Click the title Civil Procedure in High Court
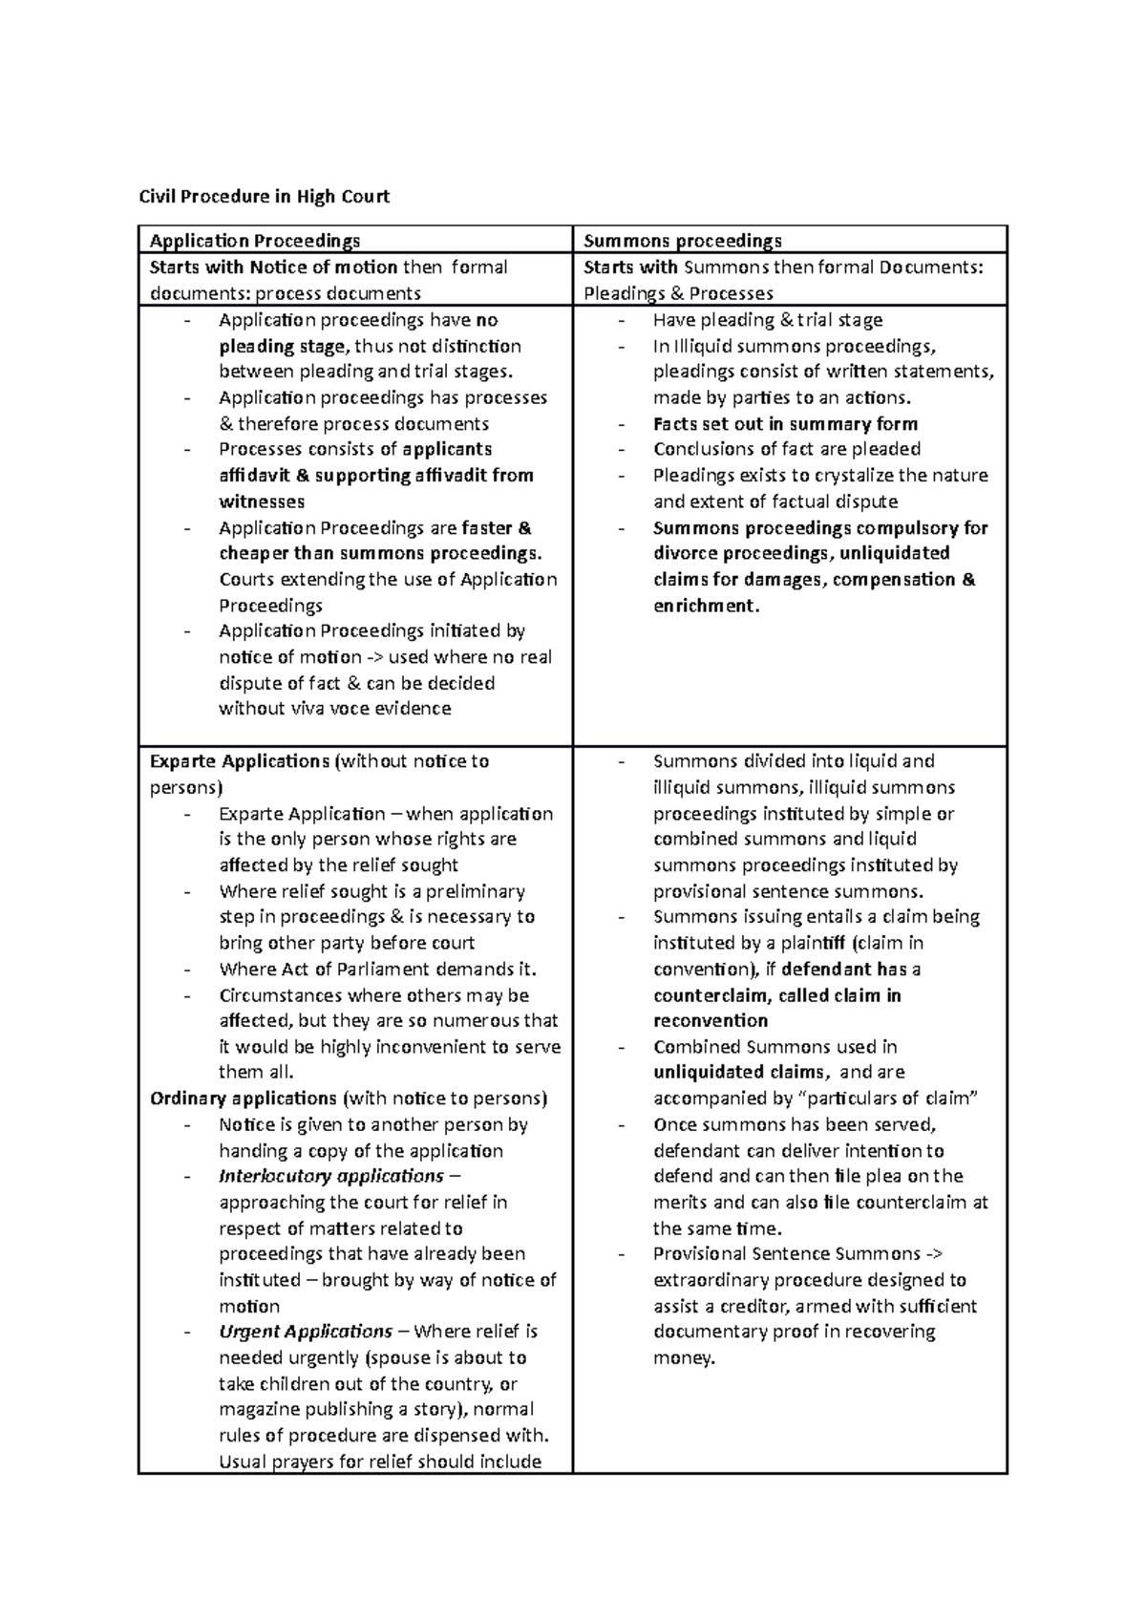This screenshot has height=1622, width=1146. click(x=265, y=197)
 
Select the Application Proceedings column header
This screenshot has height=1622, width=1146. click(x=255, y=241)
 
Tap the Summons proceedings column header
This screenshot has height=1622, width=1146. click(x=683, y=241)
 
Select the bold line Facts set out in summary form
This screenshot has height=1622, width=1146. click(x=785, y=424)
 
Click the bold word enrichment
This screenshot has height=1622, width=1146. click(x=707, y=606)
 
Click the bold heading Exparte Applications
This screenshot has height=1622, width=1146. click(x=240, y=761)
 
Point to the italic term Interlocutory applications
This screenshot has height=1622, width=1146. click(x=330, y=1176)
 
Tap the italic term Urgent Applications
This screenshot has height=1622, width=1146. click(x=306, y=1332)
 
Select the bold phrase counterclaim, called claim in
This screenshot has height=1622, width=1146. click(x=776, y=995)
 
